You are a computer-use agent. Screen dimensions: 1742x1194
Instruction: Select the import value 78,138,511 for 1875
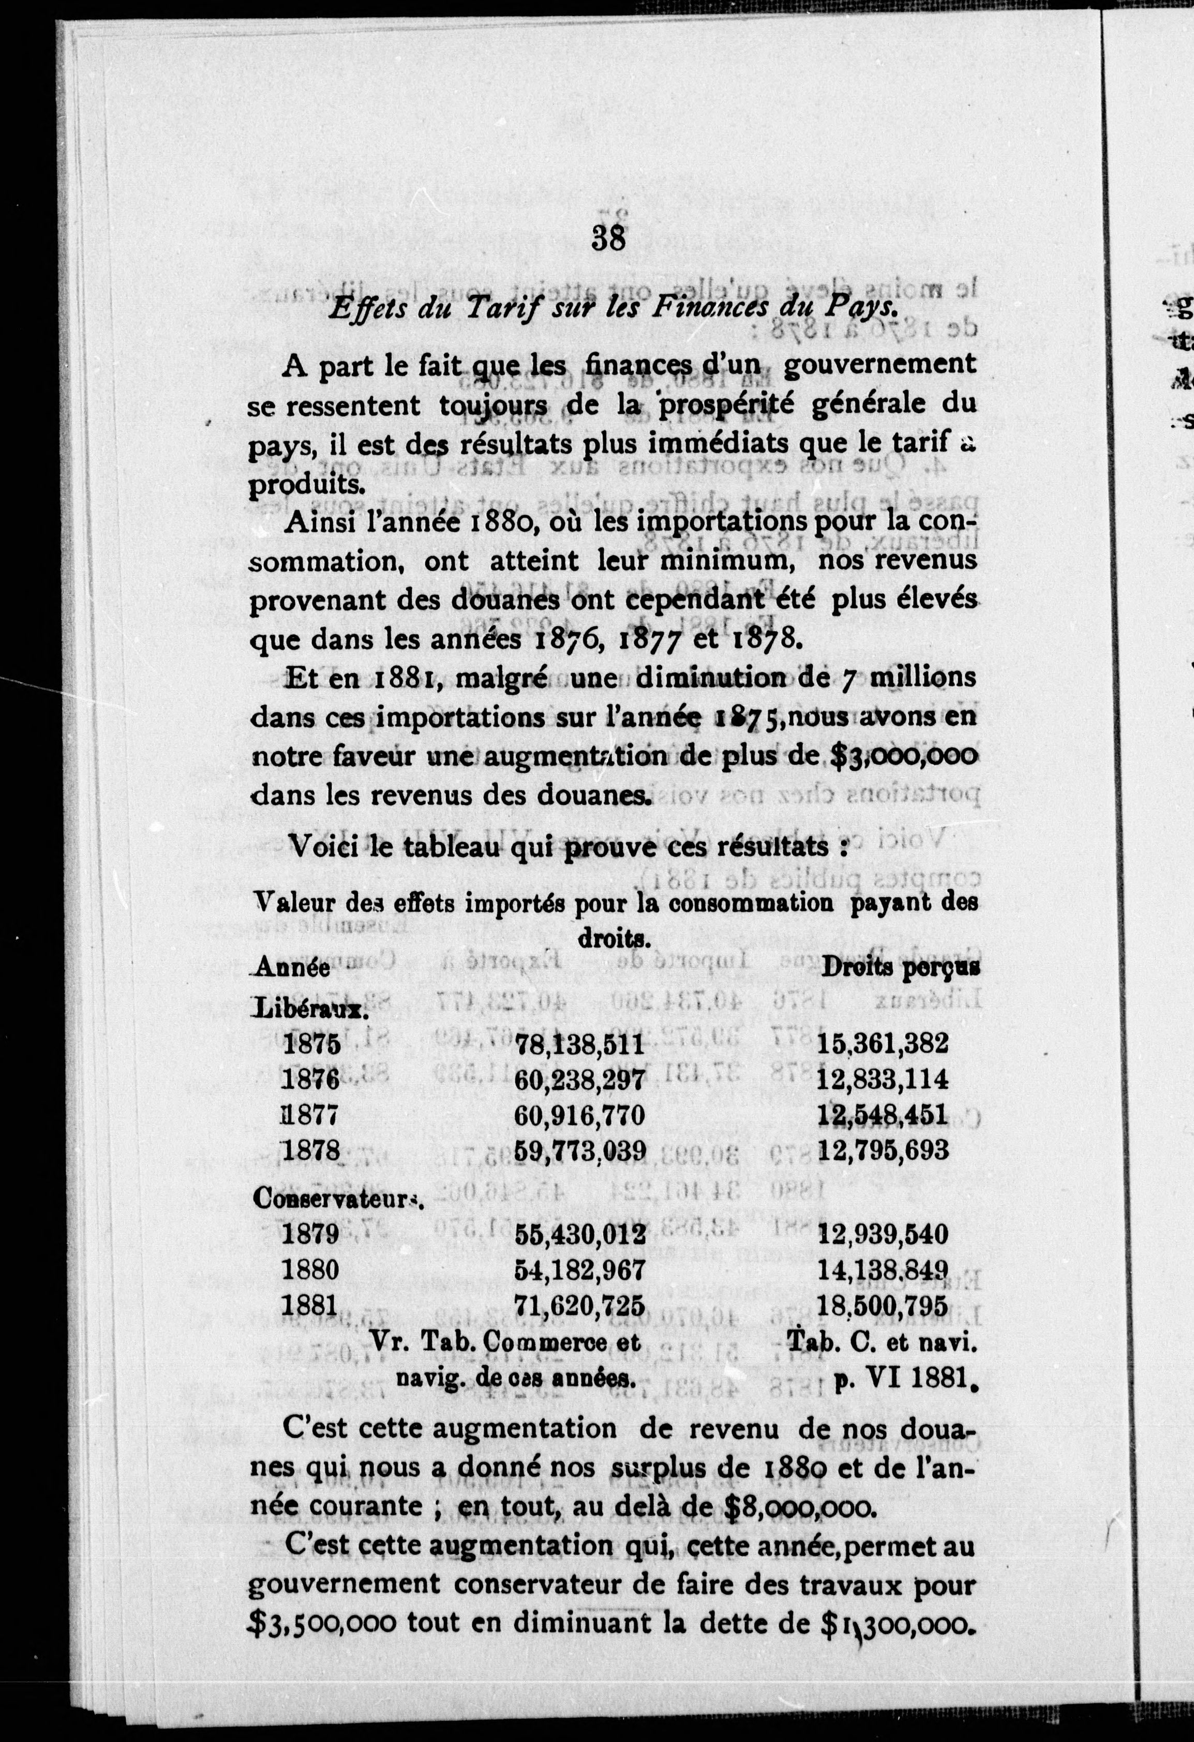point(580,1043)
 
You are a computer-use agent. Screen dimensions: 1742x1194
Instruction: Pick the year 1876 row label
point(311,1080)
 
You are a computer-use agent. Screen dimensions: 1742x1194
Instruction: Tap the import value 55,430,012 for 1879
point(580,1234)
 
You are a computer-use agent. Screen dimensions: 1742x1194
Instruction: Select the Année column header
point(293,968)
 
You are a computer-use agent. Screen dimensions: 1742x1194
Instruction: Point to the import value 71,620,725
point(580,1305)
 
